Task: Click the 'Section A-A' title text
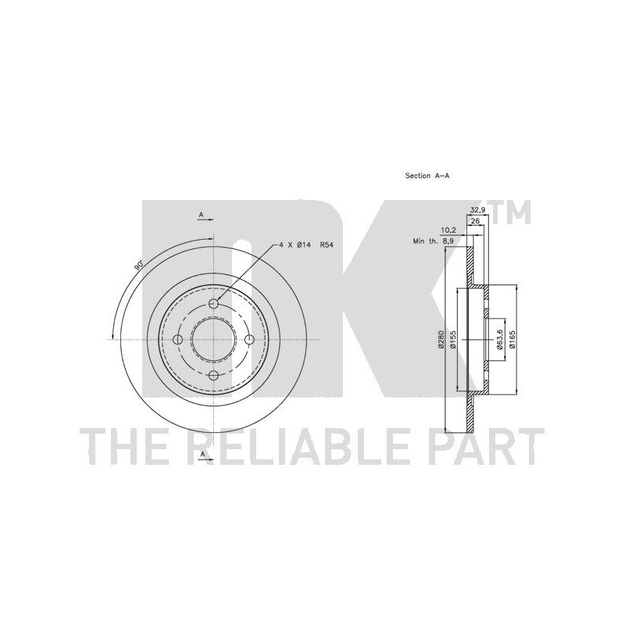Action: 427,175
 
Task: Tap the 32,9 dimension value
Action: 477,210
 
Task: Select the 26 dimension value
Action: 475,220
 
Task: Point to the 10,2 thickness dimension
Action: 448,230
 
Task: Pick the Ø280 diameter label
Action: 441,340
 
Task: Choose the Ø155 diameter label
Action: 453,340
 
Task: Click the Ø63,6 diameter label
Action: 500,340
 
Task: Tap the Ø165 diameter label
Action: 512,340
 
